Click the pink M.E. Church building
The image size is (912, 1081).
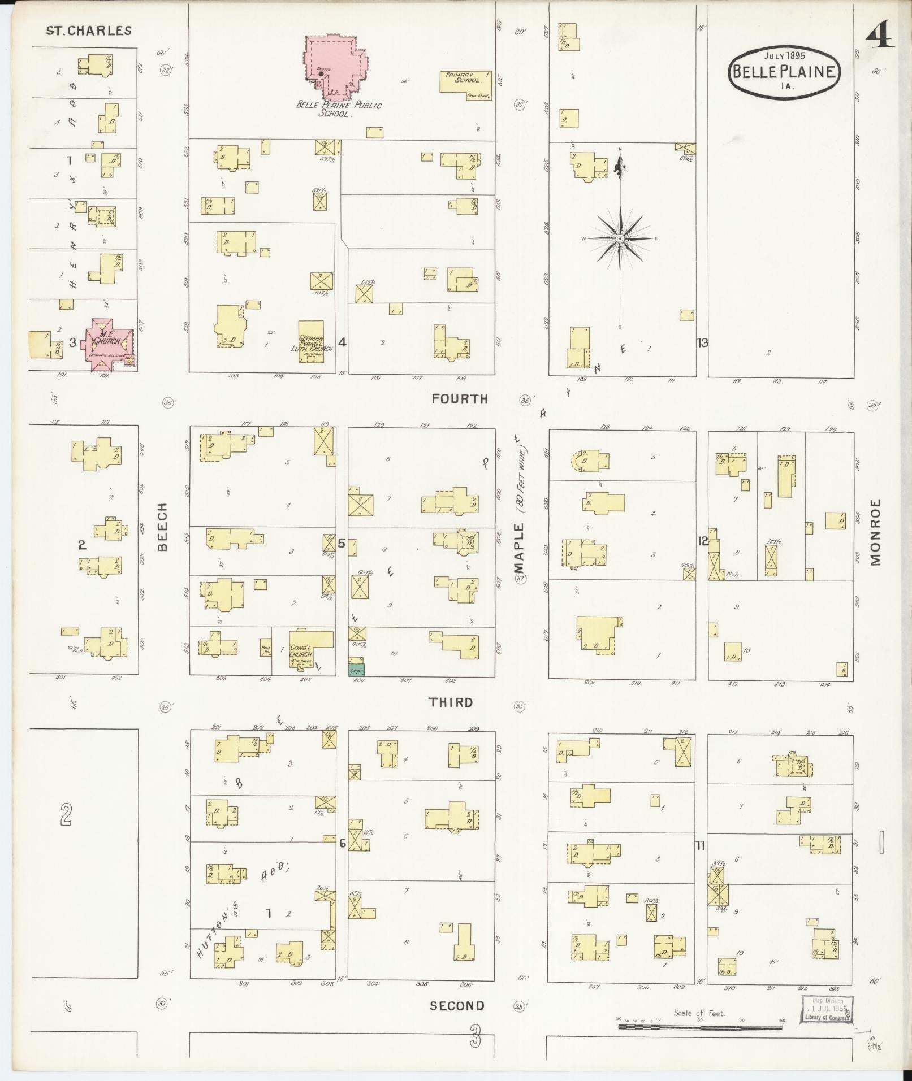(x=107, y=342)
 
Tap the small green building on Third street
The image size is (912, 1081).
(x=356, y=670)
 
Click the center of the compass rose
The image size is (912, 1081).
(x=620, y=238)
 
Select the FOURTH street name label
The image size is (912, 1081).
(x=459, y=399)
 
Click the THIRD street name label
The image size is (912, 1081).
(x=450, y=702)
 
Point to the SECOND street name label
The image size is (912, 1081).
(x=457, y=1006)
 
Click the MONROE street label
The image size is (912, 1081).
(x=875, y=532)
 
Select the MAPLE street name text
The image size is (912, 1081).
(x=518, y=548)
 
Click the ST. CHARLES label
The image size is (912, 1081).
(x=89, y=31)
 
